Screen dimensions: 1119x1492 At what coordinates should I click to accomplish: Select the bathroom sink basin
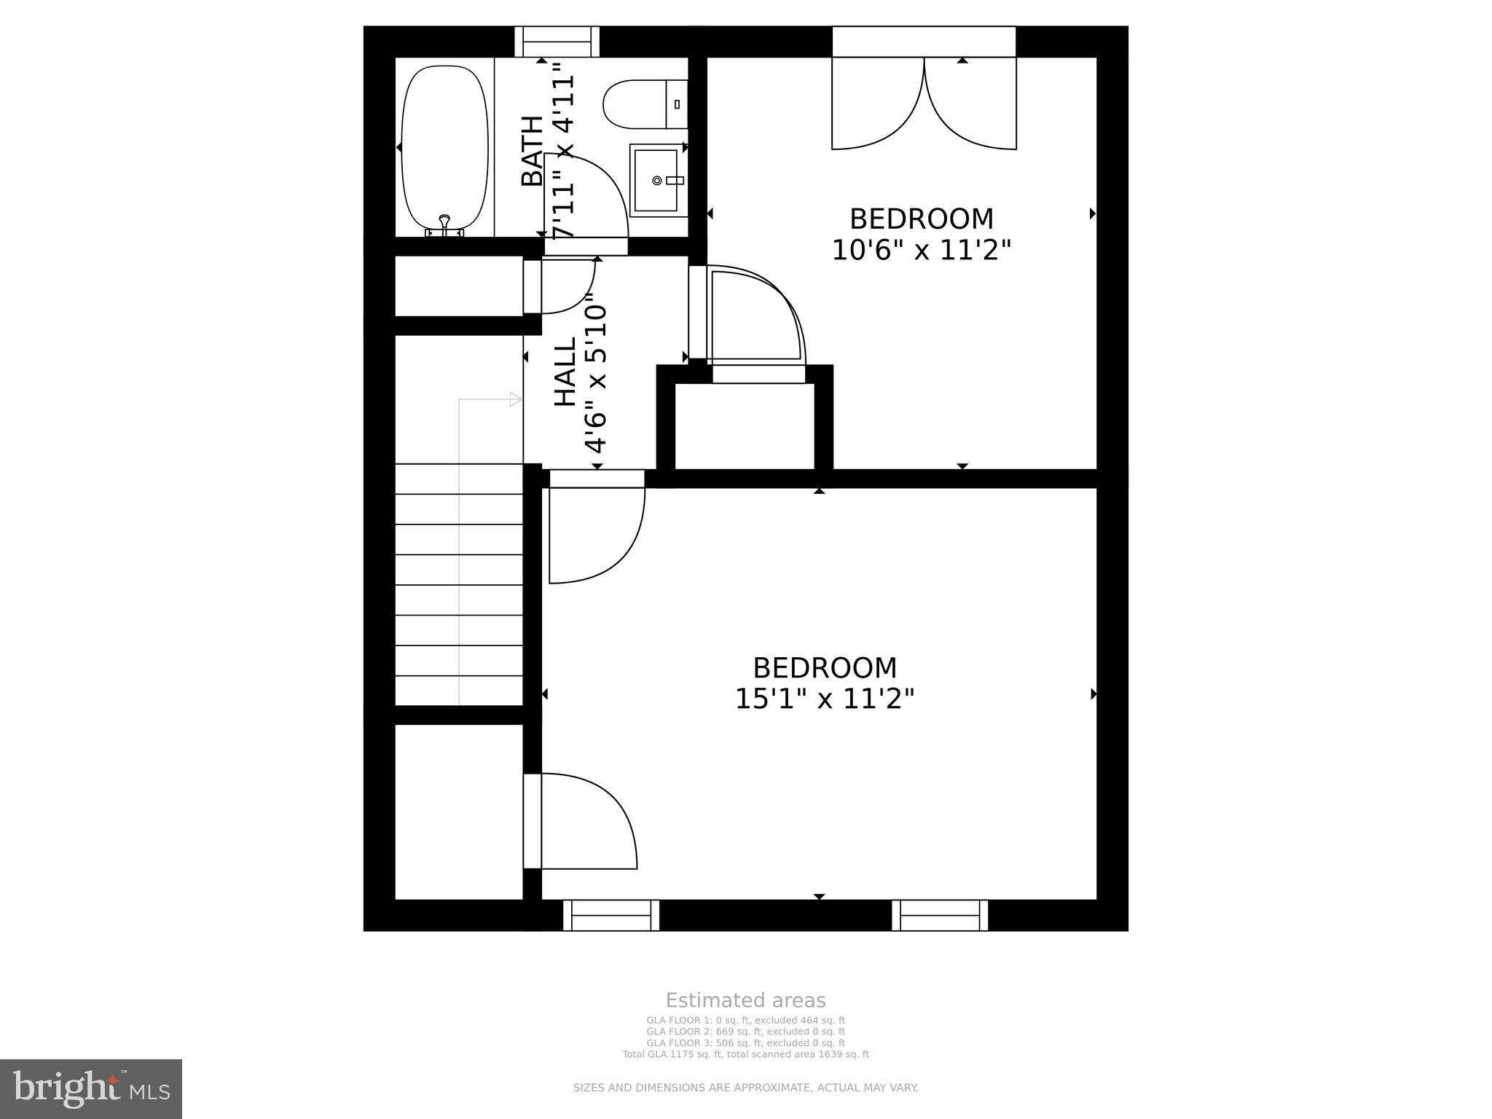(x=656, y=179)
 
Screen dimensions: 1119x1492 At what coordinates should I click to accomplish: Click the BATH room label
(x=533, y=151)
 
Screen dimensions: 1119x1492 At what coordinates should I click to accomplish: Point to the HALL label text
(x=565, y=372)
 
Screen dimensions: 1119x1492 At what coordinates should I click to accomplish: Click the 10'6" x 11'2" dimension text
(x=922, y=251)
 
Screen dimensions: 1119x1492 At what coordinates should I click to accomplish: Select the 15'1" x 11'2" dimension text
(x=824, y=699)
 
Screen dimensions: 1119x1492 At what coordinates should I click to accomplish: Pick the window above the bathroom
(x=557, y=42)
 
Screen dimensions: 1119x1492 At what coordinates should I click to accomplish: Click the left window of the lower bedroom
(x=610, y=915)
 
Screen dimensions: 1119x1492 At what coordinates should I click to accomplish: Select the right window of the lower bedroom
(x=940, y=915)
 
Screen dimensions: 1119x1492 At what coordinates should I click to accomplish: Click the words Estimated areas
(x=745, y=1000)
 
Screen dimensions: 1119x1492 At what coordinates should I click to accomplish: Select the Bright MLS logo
(x=90, y=1089)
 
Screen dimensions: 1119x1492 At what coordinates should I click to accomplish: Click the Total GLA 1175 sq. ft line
(x=745, y=1054)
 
